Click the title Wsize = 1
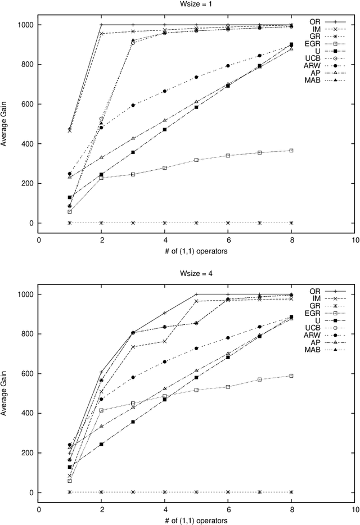[196, 4]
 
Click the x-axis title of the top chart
[196, 251]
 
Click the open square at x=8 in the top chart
[291, 151]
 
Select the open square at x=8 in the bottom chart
[291, 375]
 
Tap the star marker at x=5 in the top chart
[196, 223]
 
